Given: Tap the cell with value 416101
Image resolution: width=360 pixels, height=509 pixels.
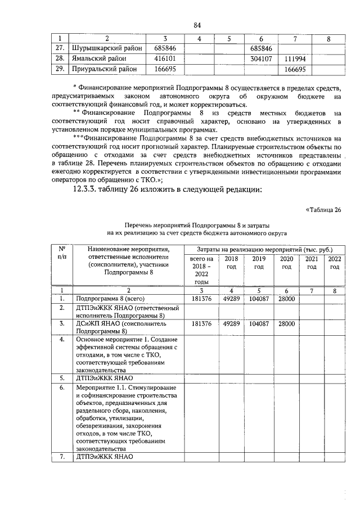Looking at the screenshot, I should (165, 59).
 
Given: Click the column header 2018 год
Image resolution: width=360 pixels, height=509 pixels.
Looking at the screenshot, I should (231, 263).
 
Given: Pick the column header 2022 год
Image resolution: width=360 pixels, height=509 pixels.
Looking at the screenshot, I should (335, 263).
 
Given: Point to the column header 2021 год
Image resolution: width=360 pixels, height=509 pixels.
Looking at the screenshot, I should (311, 263).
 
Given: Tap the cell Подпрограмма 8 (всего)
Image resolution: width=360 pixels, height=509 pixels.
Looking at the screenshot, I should (111, 299).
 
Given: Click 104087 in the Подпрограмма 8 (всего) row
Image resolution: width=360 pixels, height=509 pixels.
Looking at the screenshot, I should (258, 299).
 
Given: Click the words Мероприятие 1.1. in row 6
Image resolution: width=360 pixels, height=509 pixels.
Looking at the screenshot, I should (101, 388).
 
